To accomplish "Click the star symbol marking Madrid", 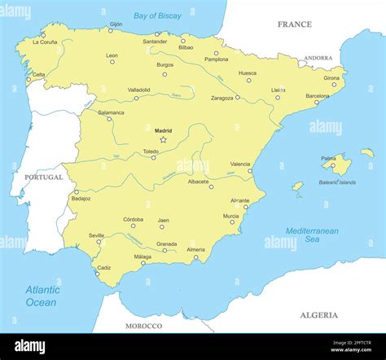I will pyautogui.click(x=163, y=139).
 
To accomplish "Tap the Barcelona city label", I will pyautogui.click(x=318, y=96).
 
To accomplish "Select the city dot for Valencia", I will pyautogui.click(x=250, y=171).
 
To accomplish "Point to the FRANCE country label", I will pyautogui.click(x=294, y=24).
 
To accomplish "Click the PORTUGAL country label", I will pyautogui.click(x=43, y=177).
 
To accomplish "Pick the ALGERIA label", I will pyautogui.click(x=318, y=314).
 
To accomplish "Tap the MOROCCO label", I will pyautogui.click(x=143, y=326).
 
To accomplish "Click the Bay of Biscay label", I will pyautogui.click(x=157, y=15).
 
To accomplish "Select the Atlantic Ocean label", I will pyautogui.click(x=42, y=296).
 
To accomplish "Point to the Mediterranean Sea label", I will pyautogui.click(x=312, y=235).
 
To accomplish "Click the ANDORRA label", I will pyautogui.click(x=318, y=59).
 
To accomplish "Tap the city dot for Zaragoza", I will pyautogui.click(x=237, y=98).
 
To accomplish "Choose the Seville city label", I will pyautogui.click(x=96, y=235).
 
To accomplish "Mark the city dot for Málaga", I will pyautogui.click(x=143, y=263).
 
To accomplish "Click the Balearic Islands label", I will pyautogui.click(x=337, y=182).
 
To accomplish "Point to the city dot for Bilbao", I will pyautogui.click(x=183, y=41).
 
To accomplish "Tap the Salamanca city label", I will pyautogui.click(x=110, y=112).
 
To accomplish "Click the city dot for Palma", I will pyautogui.click(x=332, y=165).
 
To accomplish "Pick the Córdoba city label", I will pyautogui.click(x=133, y=219).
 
